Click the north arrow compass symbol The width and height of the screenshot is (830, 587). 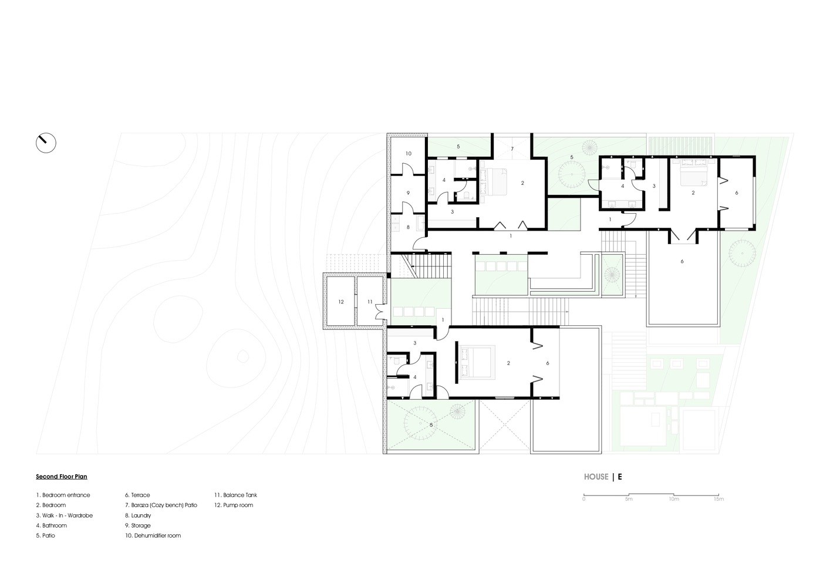[x=46, y=143]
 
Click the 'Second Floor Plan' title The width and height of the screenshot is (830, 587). [x=62, y=477]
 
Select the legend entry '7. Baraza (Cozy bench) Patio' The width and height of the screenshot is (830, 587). [x=161, y=505]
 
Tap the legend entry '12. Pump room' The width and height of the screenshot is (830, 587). [x=234, y=505]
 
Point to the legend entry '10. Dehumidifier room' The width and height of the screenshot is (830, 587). [x=153, y=535]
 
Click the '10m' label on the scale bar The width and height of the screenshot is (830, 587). [x=674, y=499]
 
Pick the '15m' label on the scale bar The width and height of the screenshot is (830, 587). [x=719, y=499]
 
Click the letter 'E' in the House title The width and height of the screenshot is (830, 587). [x=620, y=477]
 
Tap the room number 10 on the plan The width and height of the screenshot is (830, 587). [x=409, y=153]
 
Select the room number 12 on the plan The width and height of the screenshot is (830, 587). [x=341, y=302]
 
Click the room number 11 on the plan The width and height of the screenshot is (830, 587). [x=370, y=302]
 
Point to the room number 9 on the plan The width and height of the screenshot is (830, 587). [x=408, y=193]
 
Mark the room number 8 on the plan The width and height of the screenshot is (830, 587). [x=408, y=227]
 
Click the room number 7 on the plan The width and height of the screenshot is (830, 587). [x=512, y=149]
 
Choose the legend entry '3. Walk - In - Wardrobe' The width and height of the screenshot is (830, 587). [x=65, y=515]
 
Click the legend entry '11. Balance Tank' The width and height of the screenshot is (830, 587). [x=235, y=495]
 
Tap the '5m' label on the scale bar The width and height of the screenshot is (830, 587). [x=629, y=499]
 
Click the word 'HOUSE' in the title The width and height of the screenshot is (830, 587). [x=596, y=477]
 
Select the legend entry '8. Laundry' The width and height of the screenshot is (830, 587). [x=138, y=515]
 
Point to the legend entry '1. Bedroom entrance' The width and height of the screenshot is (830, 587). [x=63, y=495]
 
